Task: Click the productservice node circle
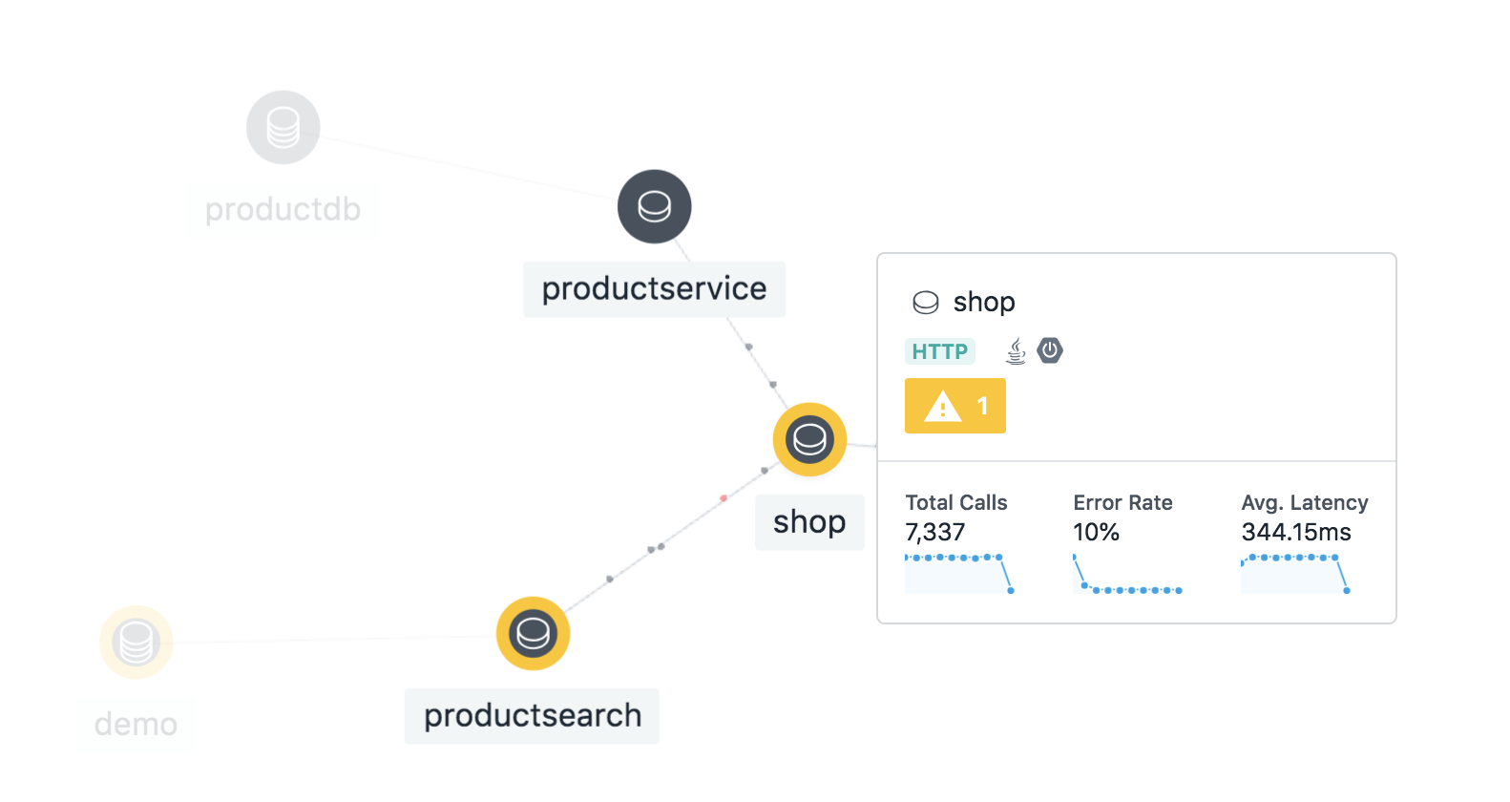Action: click(655, 206)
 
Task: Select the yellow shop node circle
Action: click(809, 439)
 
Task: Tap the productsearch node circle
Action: click(533, 633)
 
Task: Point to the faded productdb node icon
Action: click(283, 127)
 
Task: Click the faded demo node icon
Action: click(136, 642)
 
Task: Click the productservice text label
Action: click(654, 288)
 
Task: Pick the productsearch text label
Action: click(532, 715)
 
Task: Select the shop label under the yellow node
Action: click(809, 521)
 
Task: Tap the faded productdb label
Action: click(283, 209)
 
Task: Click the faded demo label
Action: click(136, 724)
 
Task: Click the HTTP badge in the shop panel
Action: click(939, 351)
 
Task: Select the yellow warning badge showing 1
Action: click(955, 406)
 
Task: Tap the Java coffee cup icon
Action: click(1017, 351)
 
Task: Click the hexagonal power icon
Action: click(1050, 350)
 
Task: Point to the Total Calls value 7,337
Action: click(935, 532)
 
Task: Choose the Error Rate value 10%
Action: click(1096, 532)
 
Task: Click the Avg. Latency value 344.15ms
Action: click(1296, 532)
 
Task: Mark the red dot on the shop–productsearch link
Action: click(724, 498)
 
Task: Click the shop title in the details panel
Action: click(984, 302)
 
